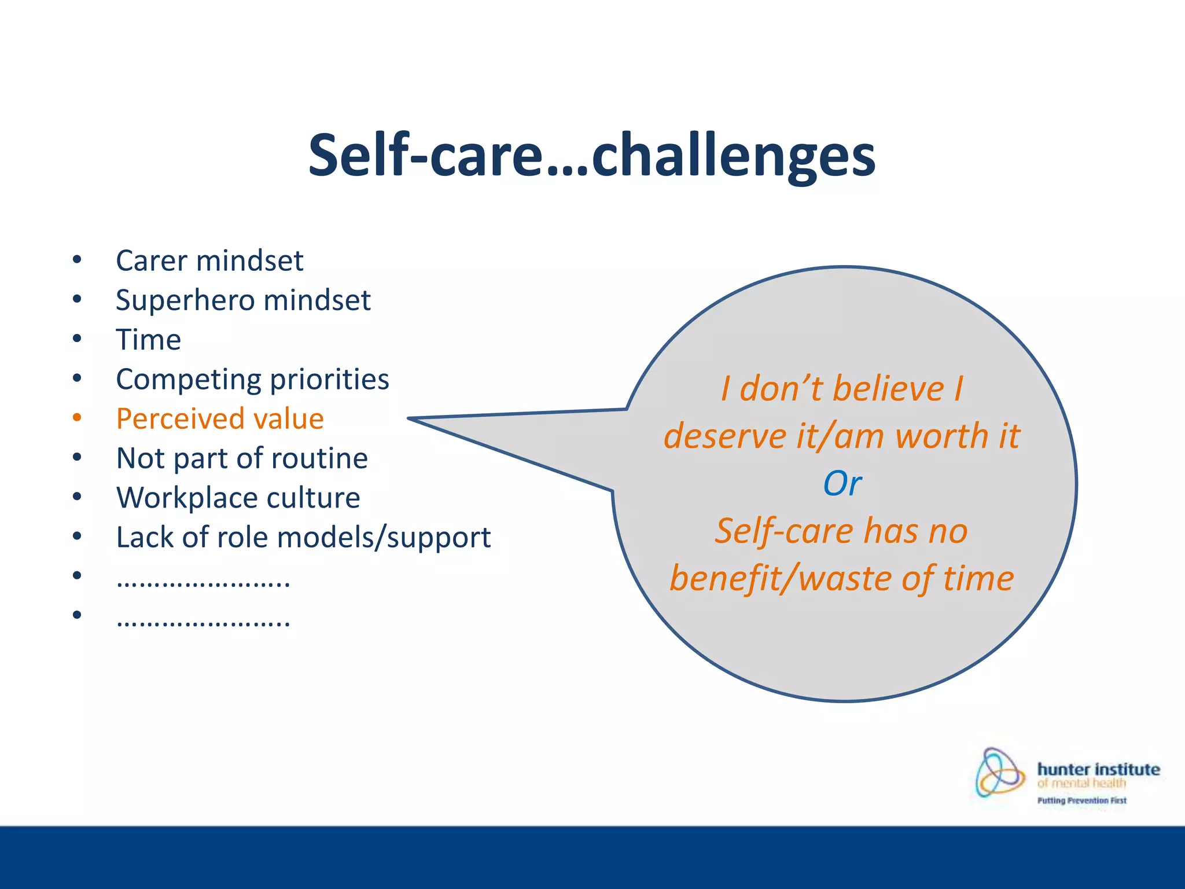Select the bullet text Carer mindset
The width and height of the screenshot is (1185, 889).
[209, 260]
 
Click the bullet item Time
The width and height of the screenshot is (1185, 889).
[149, 340]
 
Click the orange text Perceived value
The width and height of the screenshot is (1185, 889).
[220, 418]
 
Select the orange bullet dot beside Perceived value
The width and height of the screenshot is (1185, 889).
[77, 417]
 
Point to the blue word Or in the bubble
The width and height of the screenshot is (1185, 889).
[842, 483]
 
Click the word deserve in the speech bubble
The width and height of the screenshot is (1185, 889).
[725, 436]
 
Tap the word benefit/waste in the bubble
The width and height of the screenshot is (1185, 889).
[781, 579]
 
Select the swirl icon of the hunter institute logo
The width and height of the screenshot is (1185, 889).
[999, 773]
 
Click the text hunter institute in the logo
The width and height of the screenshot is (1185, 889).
[1098, 769]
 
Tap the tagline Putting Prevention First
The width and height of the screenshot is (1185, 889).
[1081, 800]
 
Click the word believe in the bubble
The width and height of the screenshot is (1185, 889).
[888, 388]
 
